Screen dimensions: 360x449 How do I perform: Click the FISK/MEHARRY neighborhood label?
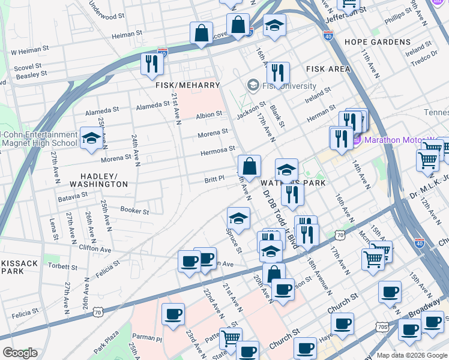tap(187, 86)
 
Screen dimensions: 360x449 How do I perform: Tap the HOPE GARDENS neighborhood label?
tap(378, 43)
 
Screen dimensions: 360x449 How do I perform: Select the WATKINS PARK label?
tap(293, 182)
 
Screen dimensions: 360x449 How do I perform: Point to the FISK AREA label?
tap(328, 70)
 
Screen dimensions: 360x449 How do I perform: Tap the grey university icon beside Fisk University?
tap(253, 85)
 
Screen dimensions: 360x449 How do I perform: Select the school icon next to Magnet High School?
tap(91, 139)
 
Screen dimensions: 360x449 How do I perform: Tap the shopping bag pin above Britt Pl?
tap(249, 166)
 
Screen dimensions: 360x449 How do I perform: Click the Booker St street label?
tap(134, 211)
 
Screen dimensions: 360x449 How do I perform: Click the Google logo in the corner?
tap(20, 353)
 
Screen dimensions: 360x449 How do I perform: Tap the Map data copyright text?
tap(412, 355)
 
